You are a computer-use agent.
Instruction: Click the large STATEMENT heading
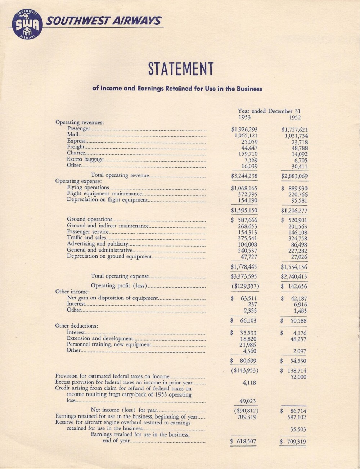pos(181,69)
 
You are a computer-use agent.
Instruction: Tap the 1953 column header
pos(244,117)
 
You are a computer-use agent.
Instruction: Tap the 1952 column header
pos(294,117)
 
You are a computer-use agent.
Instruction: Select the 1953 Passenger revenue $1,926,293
pos(244,130)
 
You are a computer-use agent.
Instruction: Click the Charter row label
pos(76,153)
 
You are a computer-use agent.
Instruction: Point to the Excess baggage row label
pos(85,159)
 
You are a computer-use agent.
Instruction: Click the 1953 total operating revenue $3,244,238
pos(244,176)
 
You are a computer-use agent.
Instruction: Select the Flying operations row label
pos(88,188)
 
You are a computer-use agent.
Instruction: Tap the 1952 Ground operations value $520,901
pos(294,220)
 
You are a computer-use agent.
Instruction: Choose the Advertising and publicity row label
pos(98,244)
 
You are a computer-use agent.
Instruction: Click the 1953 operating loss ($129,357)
pos(244,287)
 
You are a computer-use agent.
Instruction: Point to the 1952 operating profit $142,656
pos(294,287)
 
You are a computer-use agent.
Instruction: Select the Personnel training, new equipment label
pos(109,344)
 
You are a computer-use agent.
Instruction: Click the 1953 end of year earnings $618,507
pos(244,442)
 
